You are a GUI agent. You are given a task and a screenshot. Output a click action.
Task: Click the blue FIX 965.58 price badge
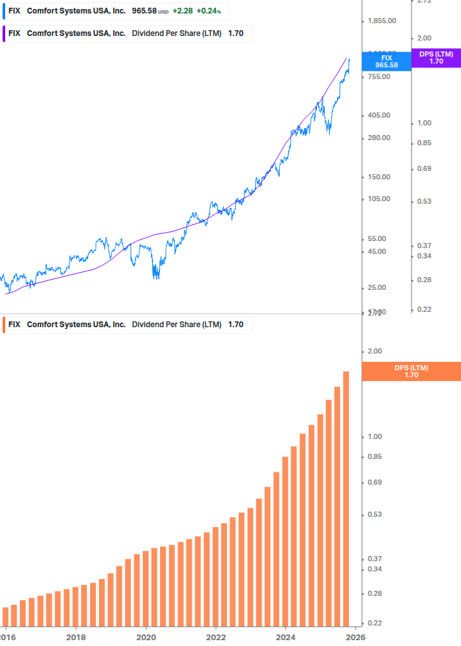click(386, 62)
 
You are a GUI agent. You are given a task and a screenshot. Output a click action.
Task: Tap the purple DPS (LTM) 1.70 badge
click(436, 58)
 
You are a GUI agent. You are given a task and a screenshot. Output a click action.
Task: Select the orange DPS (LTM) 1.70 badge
click(411, 372)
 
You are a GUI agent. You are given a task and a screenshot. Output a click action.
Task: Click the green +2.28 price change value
click(183, 12)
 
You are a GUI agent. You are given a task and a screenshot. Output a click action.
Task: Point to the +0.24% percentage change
click(208, 12)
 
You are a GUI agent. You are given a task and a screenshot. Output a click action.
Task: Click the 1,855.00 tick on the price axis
click(381, 21)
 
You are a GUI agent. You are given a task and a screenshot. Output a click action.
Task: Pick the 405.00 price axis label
click(379, 115)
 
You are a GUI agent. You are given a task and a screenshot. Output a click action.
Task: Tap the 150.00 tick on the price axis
click(379, 177)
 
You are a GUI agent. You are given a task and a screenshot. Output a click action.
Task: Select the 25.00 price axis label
click(377, 287)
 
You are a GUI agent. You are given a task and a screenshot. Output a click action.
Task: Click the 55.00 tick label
click(377, 238)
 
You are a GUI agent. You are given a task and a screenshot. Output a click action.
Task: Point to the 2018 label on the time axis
click(76, 637)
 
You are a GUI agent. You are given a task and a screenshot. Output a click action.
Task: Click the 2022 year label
click(216, 637)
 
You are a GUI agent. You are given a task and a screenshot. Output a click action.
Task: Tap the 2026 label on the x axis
click(356, 637)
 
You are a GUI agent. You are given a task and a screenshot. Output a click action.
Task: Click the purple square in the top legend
click(5, 33)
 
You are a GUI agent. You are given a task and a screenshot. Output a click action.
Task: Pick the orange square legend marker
click(5, 325)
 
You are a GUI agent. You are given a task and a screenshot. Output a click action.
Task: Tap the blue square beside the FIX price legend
click(5, 12)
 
